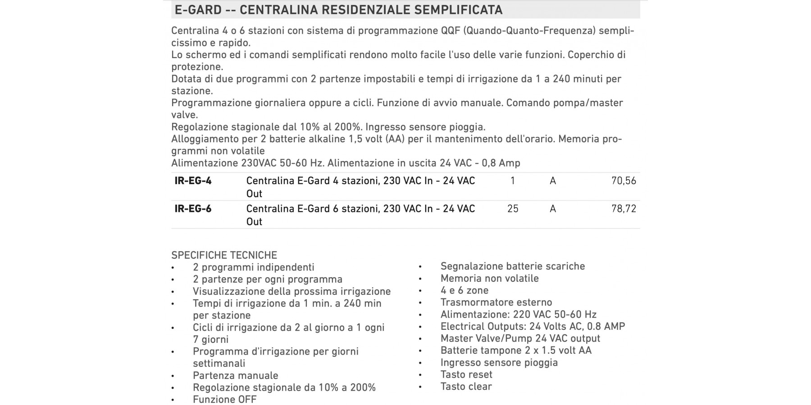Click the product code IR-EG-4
[193, 181]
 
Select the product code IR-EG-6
[193, 209]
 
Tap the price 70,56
[624, 181]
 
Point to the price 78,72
[624, 209]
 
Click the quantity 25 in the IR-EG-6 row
[513, 209]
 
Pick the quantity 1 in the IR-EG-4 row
[513, 181]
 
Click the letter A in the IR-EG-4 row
[553, 181]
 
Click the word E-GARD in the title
[198, 9]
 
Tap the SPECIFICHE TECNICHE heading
[224, 255]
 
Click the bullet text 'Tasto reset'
[466, 374]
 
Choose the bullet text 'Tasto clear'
[466, 387]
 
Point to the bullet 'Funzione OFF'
[224, 400]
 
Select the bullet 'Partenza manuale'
[235, 376]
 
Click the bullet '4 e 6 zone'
[465, 290]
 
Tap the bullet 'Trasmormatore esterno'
[496, 302]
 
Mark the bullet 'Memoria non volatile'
[489, 279]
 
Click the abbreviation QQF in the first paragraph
[450, 31]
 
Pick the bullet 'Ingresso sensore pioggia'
[499, 363]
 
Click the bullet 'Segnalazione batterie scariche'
[512, 266]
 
